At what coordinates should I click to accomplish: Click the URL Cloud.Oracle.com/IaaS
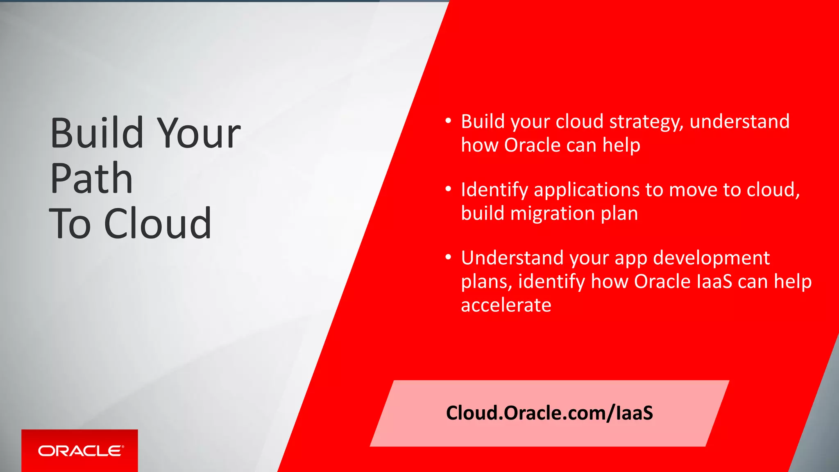[549, 413]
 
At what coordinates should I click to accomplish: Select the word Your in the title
[199, 133]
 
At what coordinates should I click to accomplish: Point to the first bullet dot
[448, 121]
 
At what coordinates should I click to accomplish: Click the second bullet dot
[448, 189]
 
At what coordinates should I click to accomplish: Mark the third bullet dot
[448, 257]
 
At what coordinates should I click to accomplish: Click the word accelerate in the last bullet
[506, 305]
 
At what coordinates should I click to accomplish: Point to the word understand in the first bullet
[739, 122]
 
